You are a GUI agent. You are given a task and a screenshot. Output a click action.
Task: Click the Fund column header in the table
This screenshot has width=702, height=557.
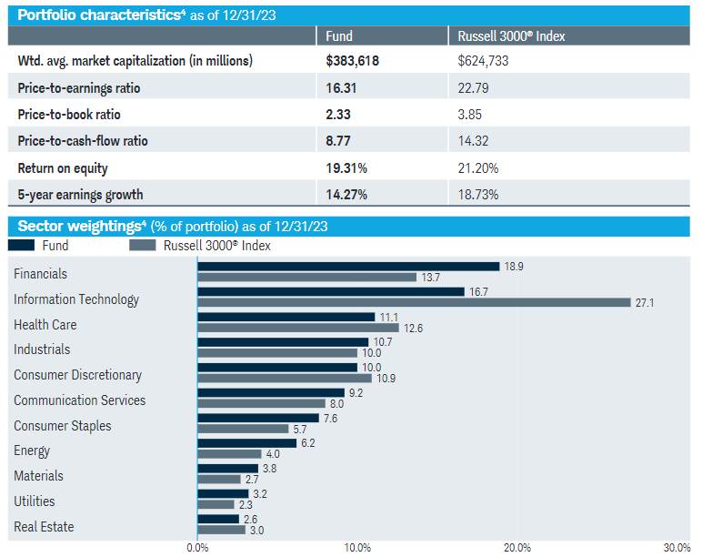coord(339,35)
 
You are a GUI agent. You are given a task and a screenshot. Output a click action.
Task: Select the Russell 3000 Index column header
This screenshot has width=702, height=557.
coord(511,35)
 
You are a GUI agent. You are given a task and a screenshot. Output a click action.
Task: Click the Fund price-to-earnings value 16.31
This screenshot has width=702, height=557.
coord(341,88)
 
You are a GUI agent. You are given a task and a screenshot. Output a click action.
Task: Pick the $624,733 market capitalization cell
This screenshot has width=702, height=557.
coord(483,60)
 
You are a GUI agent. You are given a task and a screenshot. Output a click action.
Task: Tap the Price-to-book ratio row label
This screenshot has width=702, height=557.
coord(69,115)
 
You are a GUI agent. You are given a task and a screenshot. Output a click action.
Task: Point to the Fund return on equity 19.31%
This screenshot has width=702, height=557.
coord(346,168)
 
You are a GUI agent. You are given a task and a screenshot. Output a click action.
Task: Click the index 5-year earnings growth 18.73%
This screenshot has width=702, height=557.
coord(478,195)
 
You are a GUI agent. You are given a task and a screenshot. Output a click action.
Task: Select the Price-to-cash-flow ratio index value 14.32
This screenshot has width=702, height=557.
coord(473,141)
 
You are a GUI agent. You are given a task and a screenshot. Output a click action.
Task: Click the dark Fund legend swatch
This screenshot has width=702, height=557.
coord(21,245)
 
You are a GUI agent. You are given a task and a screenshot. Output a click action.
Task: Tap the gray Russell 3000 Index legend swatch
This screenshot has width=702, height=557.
coord(143,245)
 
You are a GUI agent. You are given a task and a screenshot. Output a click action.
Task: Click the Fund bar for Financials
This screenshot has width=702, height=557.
coord(348,267)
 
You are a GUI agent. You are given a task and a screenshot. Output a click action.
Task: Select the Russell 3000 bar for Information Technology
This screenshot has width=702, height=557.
coord(414,302)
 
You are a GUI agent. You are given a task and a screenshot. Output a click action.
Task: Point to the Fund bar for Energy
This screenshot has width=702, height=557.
coord(247,443)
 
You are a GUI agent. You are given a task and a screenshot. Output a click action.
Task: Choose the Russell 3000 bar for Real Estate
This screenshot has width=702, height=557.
coord(222,530)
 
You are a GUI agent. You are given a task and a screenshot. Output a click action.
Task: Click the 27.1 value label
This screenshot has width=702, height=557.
coord(645,303)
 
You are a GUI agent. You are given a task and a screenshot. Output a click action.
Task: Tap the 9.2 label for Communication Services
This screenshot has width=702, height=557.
coord(356,393)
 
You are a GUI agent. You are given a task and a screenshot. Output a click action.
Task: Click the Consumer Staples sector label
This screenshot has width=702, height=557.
coord(62,426)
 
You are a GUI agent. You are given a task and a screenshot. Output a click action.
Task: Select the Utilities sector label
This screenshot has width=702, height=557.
coord(34,501)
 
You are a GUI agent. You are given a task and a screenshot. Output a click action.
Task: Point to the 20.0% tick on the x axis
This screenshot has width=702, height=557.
coord(517,548)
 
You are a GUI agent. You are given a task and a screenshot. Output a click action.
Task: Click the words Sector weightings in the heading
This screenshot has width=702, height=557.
coord(79,227)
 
